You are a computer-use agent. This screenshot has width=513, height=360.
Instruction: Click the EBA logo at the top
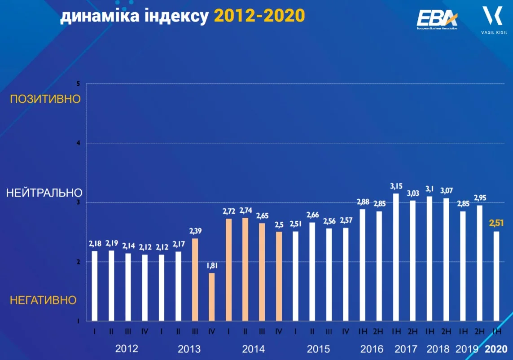pyautogui.click(x=437, y=19)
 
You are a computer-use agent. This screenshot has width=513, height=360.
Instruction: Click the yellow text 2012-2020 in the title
pyautogui.click(x=259, y=16)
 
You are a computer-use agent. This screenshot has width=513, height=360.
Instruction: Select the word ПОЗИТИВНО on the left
pyautogui.click(x=45, y=99)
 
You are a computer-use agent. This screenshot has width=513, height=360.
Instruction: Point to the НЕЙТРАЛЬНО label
pyautogui.click(x=44, y=193)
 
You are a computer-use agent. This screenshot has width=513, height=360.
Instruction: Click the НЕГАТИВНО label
pyautogui.click(x=44, y=299)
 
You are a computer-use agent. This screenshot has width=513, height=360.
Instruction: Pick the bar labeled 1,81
pyautogui.click(x=212, y=297)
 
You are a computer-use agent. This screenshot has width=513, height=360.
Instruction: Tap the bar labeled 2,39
pyautogui.click(x=195, y=279)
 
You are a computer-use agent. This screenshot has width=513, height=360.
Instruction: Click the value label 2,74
pyautogui.click(x=246, y=210)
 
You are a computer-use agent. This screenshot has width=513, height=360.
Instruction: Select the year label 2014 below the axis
pyautogui.click(x=254, y=349)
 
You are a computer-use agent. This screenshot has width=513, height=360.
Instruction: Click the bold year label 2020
pyautogui.click(x=496, y=349)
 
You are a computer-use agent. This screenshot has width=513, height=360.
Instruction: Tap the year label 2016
pyautogui.click(x=372, y=349)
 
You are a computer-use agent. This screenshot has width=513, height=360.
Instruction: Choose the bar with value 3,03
pyautogui.click(x=412, y=260)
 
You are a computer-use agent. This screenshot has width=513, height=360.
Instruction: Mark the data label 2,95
pyautogui.click(x=480, y=198)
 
